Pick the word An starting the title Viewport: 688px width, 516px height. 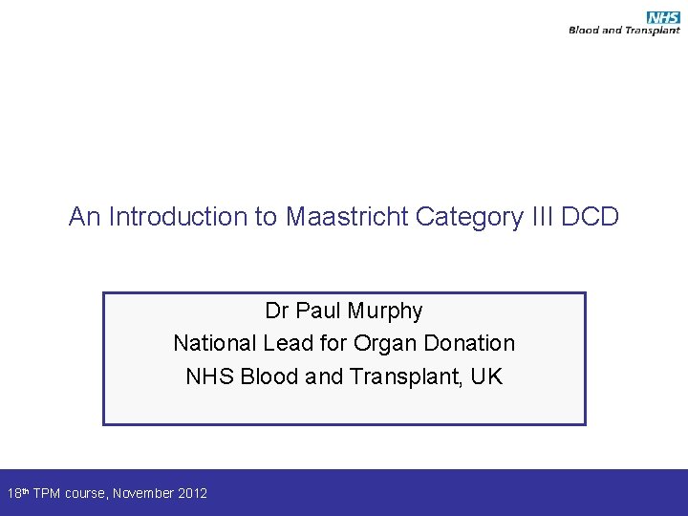[x=84, y=217]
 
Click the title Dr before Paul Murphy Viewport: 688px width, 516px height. [x=277, y=311]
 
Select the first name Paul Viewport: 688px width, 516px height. [x=318, y=311]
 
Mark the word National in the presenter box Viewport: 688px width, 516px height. [x=212, y=343]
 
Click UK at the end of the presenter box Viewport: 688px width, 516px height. [x=486, y=376]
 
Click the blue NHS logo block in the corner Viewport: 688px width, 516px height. [x=662, y=17]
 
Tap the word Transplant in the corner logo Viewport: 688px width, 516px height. [x=654, y=31]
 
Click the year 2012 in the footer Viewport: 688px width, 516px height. [x=192, y=493]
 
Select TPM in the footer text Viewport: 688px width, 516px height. [x=47, y=493]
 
